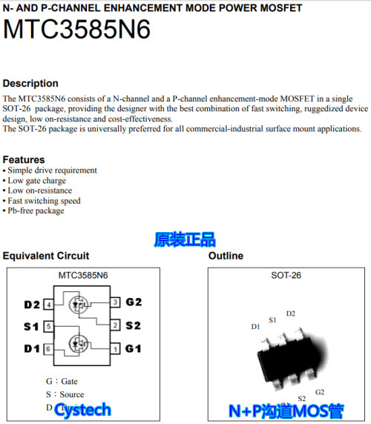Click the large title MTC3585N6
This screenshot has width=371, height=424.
[77, 30]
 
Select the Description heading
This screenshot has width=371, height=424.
[30, 83]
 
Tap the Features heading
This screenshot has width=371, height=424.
[24, 159]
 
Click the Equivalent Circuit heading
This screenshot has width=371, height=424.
[46, 256]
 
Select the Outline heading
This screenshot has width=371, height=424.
[226, 256]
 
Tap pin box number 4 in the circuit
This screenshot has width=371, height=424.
[48, 305]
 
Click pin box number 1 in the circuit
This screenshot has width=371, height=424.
[116, 348]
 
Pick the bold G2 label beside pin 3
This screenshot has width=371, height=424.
[134, 302]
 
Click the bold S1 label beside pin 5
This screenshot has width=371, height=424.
[31, 326]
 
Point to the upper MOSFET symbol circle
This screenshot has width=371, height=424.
[76, 305]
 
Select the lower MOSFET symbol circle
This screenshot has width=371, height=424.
[76, 344]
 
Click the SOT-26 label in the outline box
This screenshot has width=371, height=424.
[286, 276]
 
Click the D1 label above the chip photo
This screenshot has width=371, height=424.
[255, 326]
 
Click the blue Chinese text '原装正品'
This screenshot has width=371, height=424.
[185, 239]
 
